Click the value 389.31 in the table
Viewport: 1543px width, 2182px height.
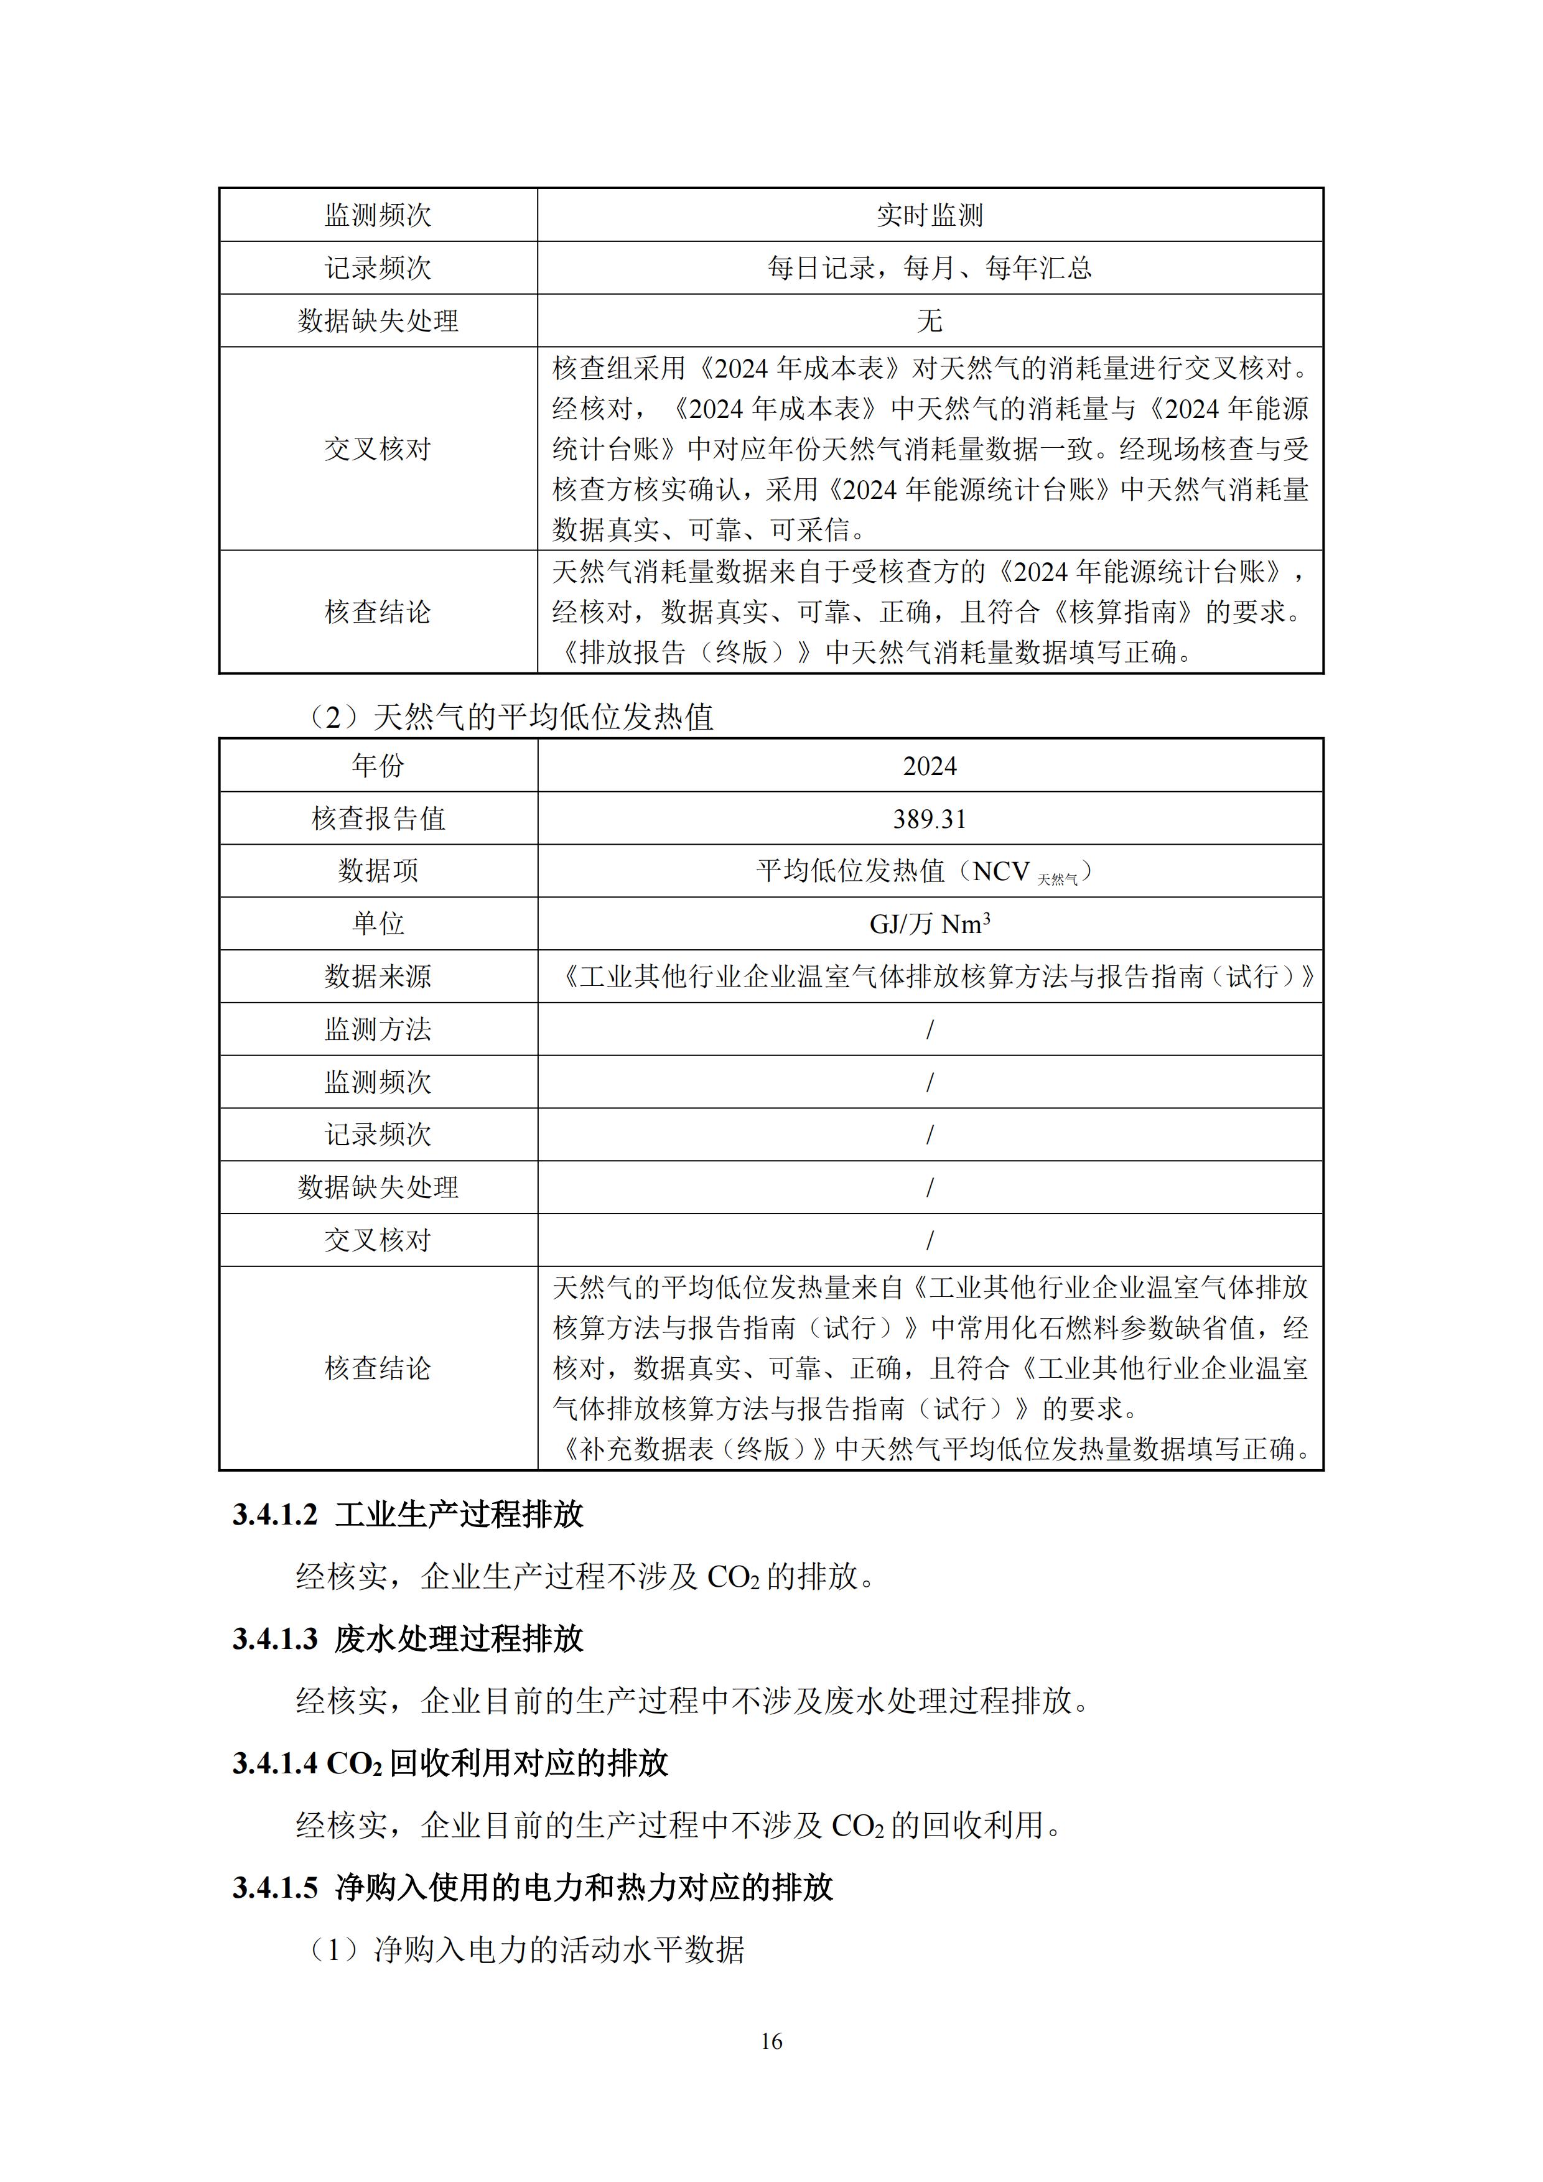[929, 819]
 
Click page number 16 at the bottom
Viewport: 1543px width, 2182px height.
[771, 2040]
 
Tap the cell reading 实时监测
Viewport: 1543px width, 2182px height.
[929, 216]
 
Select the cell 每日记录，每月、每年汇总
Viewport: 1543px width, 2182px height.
[929, 268]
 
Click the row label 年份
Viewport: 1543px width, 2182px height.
[378, 766]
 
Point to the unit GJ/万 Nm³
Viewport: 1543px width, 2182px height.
[929, 924]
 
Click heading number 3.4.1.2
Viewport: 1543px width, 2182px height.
[275, 1515]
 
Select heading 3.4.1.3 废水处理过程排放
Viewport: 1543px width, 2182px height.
[408, 1638]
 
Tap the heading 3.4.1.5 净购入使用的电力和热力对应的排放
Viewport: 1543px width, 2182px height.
[533, 1887]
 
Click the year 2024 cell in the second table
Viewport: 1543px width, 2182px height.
[929, 766]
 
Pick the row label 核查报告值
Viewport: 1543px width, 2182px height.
[378, 819]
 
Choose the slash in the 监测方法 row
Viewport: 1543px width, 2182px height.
[929, 1029]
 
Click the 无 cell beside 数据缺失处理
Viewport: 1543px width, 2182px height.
[929, 321]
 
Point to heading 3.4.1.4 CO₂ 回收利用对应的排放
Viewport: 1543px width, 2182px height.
[450, 1763]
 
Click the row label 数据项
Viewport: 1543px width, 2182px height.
[378, 871]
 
